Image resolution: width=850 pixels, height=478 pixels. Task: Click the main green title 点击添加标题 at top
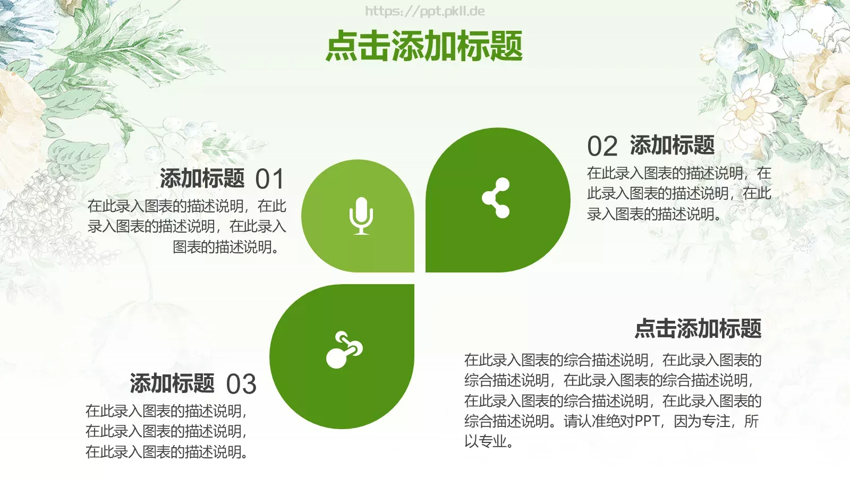coord(424,46)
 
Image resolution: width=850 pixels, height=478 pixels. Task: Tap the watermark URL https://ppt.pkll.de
coord(424,11)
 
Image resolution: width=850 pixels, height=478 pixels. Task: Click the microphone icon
coord(361,216)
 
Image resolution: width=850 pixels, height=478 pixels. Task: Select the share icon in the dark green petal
coord(496,198)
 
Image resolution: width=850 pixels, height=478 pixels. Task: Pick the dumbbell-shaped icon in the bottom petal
coord(344,350)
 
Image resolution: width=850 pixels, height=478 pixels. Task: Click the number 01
coord(270,179)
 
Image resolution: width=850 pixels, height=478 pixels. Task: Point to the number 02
coord(602,146)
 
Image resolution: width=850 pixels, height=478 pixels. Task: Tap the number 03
coord(241,384)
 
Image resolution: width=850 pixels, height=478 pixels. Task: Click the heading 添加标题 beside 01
coord(202,178)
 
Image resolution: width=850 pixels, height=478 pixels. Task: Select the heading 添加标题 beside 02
coord(672,145)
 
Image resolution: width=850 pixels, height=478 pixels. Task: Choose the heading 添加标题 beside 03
coord(172,383)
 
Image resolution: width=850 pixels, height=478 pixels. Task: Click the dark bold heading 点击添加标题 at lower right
coord(698,328)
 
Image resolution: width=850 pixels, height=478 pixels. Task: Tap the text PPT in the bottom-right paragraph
coord(647,421)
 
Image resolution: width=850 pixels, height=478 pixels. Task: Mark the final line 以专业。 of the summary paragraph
coord(489,441)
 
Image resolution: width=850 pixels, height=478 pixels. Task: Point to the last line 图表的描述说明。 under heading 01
coord(226,247)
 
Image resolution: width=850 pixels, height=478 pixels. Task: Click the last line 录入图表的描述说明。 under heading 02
coord(654,214)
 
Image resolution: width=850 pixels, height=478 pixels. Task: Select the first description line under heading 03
coord(166,411)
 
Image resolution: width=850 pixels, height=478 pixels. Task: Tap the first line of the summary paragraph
coord(613,360)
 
